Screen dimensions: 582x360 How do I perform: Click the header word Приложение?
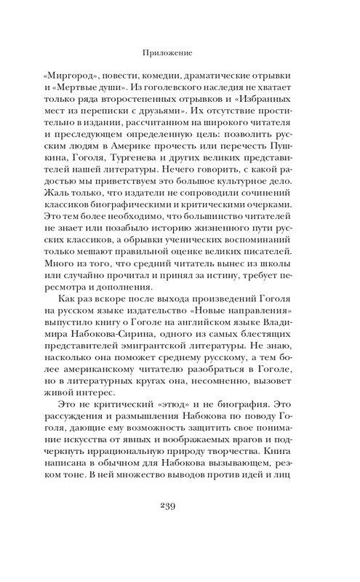point(179,52)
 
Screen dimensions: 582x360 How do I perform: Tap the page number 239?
point(180,526)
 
